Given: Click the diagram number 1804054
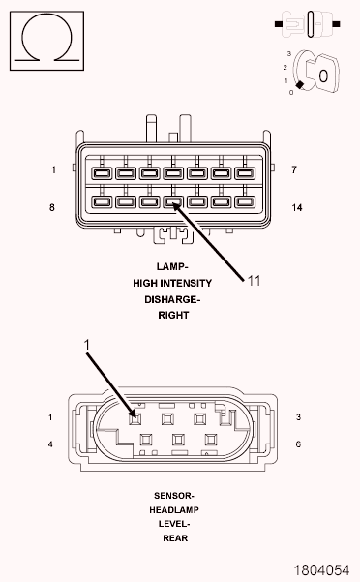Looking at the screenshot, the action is point(321,569).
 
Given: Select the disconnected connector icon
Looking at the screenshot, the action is point(308,24).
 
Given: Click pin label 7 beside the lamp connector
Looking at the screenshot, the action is point(294,170).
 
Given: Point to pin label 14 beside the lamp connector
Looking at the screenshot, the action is point(296,208).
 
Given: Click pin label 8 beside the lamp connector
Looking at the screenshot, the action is point(52,207).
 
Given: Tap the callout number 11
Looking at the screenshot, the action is point(254,281).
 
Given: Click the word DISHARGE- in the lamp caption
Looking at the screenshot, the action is point(172,299).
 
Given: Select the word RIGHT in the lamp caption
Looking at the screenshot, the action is point(173,315).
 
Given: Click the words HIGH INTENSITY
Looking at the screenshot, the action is point(172,283).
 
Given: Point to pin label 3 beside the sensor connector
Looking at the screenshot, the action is point(298,417).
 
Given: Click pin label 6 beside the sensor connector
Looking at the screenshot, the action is point(298,444).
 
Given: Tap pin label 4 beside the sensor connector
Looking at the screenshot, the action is point(50,444).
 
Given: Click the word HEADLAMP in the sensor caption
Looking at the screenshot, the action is point(174,510).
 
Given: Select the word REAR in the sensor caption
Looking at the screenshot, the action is point(175,538).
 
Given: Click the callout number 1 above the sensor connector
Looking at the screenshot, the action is point(87,345).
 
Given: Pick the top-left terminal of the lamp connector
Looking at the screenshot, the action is point(102,173).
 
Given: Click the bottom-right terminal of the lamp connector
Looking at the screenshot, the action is point(245,202).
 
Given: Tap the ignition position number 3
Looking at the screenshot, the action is point(289,54).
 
